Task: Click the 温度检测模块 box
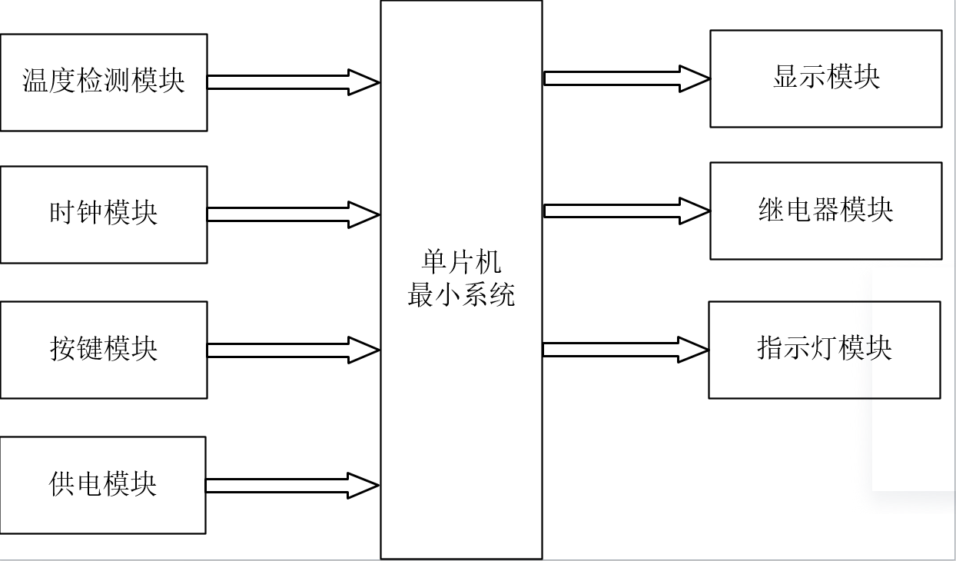[x=103, y=82]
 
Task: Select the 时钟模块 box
[x=103, y=214]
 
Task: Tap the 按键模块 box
[x=103, y=350]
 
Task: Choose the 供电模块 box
[x=102, y=485]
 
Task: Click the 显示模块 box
[x=825, y=78]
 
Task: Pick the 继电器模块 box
[x=825, y=211]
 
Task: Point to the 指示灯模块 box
[x=824, y=350]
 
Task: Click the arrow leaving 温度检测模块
[x=293, y=82]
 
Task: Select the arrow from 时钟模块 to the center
[x=293, y=214]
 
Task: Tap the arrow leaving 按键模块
[x=293, y=350]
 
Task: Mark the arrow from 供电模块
[x=292, y=485]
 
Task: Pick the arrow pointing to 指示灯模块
[x=625, y=350]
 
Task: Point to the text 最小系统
[x=461, y=294]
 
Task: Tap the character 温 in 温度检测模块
[x=35, y=81]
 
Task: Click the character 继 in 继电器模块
[x=772, y=210]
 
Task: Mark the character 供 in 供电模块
[x=62, y=484]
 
